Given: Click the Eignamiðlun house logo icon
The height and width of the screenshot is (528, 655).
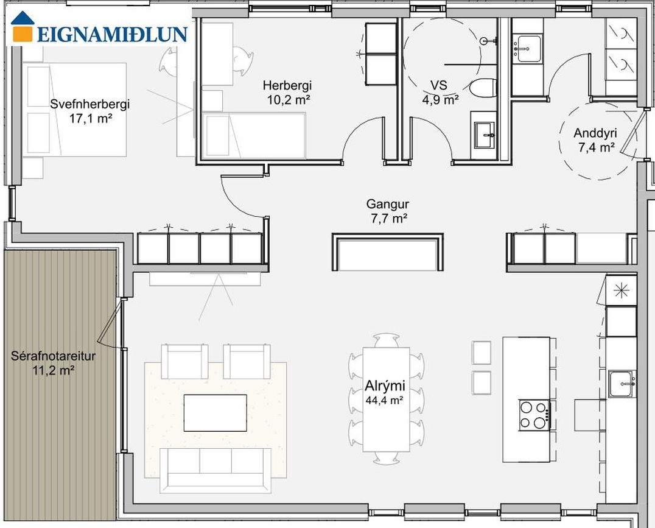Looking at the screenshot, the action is click(x=23, y=27).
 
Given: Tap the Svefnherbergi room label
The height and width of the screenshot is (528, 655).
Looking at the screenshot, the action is click(x=90, y=104).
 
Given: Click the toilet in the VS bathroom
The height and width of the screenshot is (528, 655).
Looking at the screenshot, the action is click(x=483, y=87).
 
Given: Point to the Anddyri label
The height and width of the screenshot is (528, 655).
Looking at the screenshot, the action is click(x=595, y=133).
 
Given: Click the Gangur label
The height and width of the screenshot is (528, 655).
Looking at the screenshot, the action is click(x=387, y=204).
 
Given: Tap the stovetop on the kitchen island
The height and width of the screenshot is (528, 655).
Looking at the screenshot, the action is click(x=534, y=415).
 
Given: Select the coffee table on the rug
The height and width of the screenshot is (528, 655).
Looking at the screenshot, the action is click(x=215, y=413).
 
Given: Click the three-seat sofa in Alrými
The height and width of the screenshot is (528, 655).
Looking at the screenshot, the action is click(x=215, y=470).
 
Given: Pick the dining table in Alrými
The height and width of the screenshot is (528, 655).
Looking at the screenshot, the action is click(x=387, y=400).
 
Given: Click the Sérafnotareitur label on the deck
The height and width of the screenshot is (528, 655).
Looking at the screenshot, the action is click(x=53, y=357).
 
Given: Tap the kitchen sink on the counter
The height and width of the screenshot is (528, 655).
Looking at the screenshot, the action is click(x=622, y=384).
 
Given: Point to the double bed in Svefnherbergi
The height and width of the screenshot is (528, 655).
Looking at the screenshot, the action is click(x=74, y=110).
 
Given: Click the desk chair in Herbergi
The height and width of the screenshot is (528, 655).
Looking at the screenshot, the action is click(x=242, y=61).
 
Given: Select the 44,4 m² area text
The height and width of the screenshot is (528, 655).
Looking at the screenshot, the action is click(x=384, y=401).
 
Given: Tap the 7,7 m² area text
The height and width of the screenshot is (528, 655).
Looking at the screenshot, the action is click(x=390, y=219).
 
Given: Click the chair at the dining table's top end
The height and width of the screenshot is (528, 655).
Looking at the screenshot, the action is click(x=387, y=340).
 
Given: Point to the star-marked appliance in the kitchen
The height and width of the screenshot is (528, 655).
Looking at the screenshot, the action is click(x=622, y=290).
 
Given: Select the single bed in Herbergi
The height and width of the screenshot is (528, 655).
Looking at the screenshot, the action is click(x=254, y=135).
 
